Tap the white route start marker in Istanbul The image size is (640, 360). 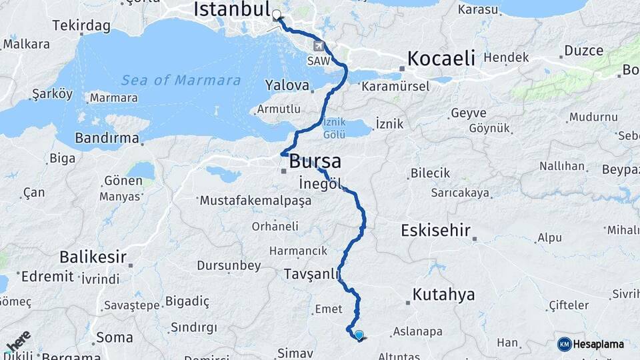pos(276,13)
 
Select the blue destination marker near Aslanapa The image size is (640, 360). pos(359,335)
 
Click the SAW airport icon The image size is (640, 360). pos(319,45)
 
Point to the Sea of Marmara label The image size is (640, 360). pos(181,81)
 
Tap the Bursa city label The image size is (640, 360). pos(315,161)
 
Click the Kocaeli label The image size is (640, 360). pos(441,58)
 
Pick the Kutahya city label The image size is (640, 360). pos(443,294)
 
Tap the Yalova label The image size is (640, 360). pos(287,86)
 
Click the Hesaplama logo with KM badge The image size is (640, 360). pos(591,344)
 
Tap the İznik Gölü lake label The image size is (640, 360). pos(333,129)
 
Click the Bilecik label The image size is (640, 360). pos(431,173)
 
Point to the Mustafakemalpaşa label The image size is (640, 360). pos(255,200)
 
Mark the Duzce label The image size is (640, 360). pos(583,51)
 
